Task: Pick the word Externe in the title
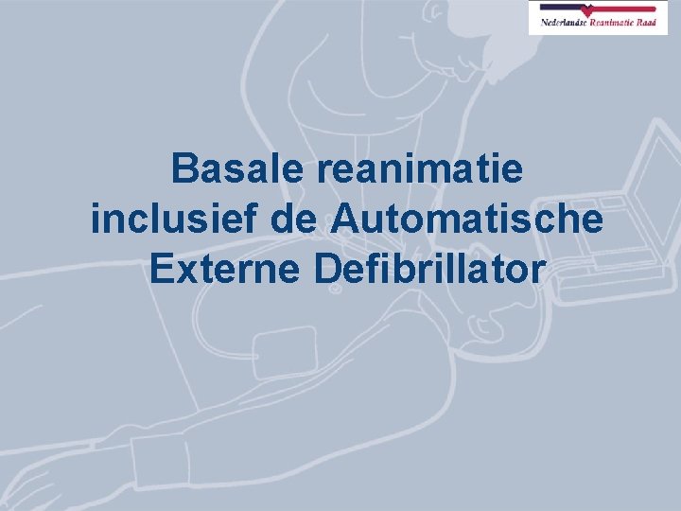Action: click(224, 269)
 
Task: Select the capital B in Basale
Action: click(184, 170)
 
